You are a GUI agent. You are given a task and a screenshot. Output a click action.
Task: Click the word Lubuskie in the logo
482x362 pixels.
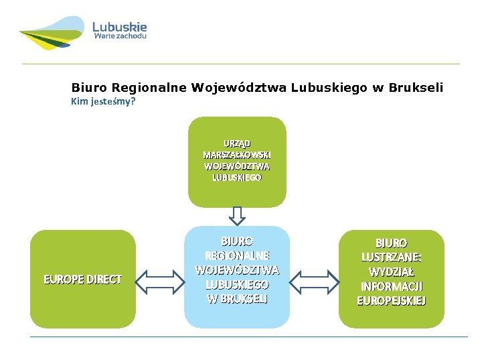click(x=119, y=27)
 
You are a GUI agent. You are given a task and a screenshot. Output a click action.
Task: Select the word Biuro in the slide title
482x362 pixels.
click(x=89, y=87)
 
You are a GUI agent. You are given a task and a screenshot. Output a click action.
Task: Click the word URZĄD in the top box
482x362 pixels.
click(x=237, y=143)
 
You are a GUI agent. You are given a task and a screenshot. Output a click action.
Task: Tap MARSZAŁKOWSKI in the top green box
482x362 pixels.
click(x=237, y=155)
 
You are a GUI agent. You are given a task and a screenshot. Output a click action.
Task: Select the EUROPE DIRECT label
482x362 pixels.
click(x=82, y=280)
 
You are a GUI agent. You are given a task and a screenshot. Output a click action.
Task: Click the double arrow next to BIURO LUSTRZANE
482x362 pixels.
click(x=315, y=280)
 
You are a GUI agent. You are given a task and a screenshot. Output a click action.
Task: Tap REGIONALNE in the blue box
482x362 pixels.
click(x=237, y=255)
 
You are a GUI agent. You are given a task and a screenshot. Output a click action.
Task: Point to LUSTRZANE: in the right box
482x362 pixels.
click(x=392, y=257)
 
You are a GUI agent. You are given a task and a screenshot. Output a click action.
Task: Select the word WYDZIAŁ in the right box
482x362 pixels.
click(x=392, y=272)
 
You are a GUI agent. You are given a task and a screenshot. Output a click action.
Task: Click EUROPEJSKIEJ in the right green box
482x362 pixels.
click(x=392, y=301)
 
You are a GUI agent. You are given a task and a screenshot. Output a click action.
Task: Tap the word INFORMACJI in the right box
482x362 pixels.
click(x=392, y=287)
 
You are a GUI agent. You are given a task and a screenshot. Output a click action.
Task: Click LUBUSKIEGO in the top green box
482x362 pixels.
click(x=237, y=178)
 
